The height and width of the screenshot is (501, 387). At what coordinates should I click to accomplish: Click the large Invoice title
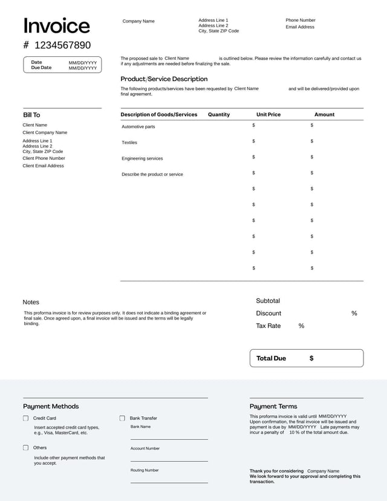pyautogui.click(x=56, y=26)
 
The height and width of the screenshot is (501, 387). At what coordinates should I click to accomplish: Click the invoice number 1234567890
pyautogui.click(x=62, y=45)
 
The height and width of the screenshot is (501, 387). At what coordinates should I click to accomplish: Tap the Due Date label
pyautogui.click(x=41, y=68)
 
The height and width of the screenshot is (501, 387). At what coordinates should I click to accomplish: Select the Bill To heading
pyautogui.click(x=31, y=115)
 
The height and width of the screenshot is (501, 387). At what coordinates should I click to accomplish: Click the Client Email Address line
pyautogui.click(x=43, y=166)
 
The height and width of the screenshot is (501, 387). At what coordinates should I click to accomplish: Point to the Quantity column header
pyautogui.click(x=219, y=114)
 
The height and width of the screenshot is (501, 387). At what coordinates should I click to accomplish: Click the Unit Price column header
pyautogui.click(x=268, y=114)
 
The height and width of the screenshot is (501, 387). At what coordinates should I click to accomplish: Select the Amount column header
pyautogui.click(x=324, y=114)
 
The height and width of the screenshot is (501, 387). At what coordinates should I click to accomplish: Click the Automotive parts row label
pyautogui.click(x=138, y=126)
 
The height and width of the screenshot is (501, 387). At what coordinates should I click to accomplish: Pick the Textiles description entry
pyautogui.click(x=129, y=143)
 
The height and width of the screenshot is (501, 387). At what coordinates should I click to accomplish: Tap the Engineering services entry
pyautogui.click(x=142, y=159)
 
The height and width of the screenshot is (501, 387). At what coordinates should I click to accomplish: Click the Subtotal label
pyautogui.click(x=268, y=301)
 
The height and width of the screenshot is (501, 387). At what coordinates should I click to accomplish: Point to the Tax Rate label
pyautogui.click(x=268, y=326)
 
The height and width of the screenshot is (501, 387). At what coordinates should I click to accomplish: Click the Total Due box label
pyautogui.click(x=271, y=358)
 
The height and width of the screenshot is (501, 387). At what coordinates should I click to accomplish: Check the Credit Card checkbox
pyautogui.click(x=26, y=418)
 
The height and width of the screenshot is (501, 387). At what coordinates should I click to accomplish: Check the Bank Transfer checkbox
pyautogui.click(x=122, y=418)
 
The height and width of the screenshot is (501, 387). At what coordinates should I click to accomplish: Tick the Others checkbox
pyautogui.click(x=26, y=448)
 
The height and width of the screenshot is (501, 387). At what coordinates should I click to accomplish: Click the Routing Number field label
pyautogui.click(x=145, y=470)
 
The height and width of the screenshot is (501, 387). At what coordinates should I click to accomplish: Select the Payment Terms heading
pyautogui.click(x=273, y=407)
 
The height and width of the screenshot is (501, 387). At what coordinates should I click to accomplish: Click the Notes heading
pyautogui.click(x=31, y=302)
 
